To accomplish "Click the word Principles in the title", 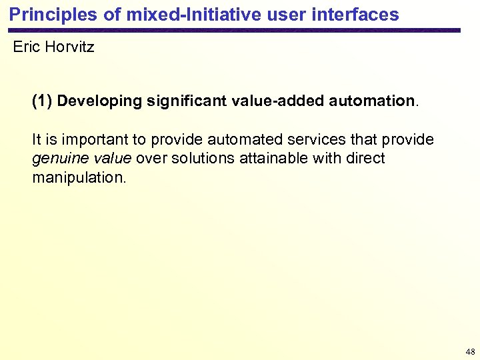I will (x=45, y=14).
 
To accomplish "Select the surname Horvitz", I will (x=69, y=48).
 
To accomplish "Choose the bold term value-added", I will (x=279, y=101).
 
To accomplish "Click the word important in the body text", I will (x=86, y=140).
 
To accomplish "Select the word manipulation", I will (x=79, y=178).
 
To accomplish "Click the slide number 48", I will (x=470, y=351).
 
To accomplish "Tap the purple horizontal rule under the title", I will (x=233, y=30).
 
